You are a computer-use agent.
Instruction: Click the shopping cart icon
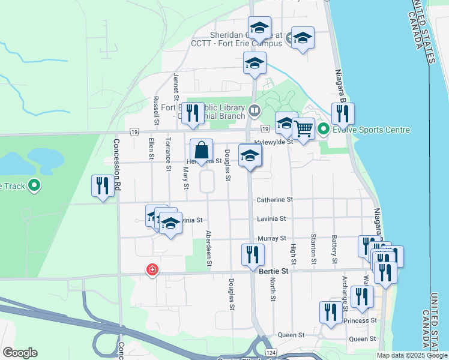click(x=304, y=128)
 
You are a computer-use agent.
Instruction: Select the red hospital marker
click(x=152, y=270)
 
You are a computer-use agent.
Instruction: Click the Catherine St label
click(x=274, y=199)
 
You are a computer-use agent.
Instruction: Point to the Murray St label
click(x=272, y=238)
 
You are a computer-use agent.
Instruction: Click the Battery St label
click(x=334, y=249)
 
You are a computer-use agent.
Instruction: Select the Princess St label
click(x=360, y=320)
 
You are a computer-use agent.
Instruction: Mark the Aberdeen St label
click(x=209, y=247)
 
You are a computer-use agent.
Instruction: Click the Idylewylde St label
click(x=273, y=142)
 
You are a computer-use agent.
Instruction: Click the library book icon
click(x=254, y=110)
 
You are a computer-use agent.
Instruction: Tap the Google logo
click(x=20, y=353)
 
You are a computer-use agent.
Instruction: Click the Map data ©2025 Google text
click(x=412, y=355)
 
